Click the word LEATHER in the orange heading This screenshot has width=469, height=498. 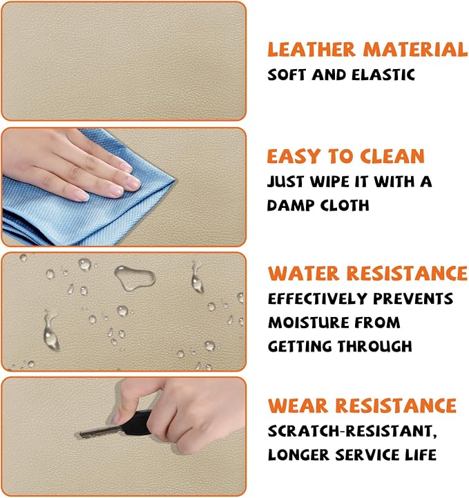coord(312,50)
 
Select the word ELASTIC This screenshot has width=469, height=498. coord(383,75)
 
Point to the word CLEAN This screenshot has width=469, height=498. coord(392,156)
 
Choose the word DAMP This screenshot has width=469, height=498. coord(291,205)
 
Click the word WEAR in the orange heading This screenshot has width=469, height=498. coord(298,405)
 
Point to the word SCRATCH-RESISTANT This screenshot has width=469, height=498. coord(352,431)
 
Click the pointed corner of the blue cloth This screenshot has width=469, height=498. coord(173,180)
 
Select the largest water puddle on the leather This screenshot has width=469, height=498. coord(135,277)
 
